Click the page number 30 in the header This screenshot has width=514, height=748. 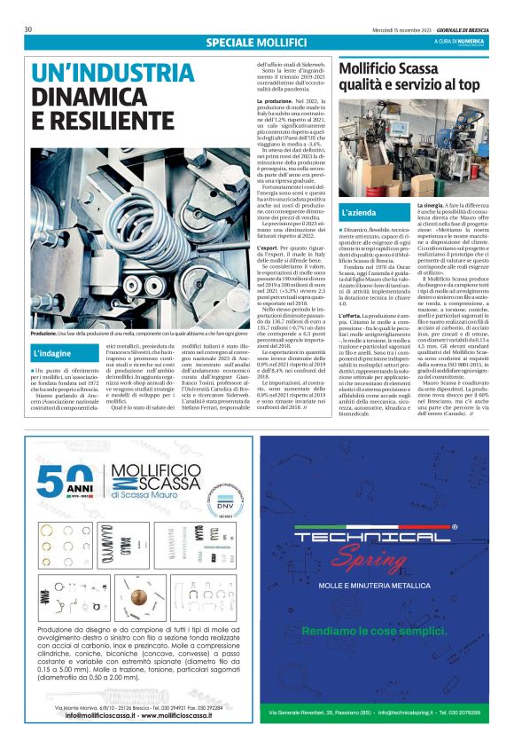[x=28, y=29]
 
